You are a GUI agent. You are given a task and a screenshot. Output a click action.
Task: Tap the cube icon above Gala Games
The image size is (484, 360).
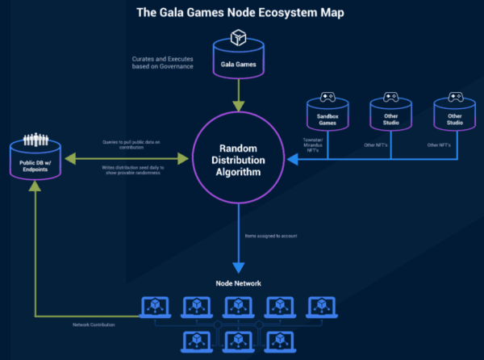238,38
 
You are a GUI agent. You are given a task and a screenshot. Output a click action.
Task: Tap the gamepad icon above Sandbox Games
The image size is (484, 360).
327,98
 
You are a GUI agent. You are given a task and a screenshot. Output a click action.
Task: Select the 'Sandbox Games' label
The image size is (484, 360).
327,118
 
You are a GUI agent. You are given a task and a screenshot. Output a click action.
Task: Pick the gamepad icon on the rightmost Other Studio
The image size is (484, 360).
453,98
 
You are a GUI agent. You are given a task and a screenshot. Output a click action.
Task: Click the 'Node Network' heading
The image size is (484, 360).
238,283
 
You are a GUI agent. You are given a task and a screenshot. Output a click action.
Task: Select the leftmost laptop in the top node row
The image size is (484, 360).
154,306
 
